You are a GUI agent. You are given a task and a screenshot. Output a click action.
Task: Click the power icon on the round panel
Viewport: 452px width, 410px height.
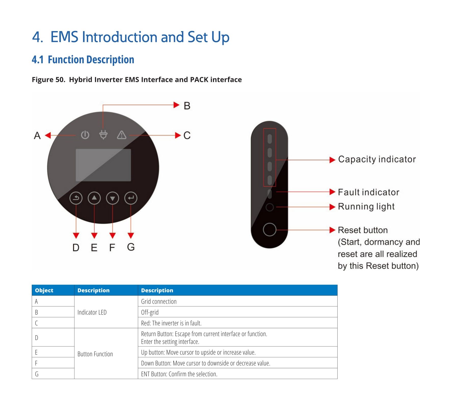[x=85, y=135]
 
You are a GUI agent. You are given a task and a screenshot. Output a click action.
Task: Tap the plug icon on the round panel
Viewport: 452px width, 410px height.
[x=103, y=135]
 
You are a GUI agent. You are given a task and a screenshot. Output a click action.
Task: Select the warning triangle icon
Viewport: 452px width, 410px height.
[x=122, y=135]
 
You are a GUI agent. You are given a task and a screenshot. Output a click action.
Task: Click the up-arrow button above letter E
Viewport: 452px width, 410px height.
[x=94, y=198]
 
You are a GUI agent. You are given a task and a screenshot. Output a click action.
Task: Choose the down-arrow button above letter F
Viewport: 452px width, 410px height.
[x=112, y=198]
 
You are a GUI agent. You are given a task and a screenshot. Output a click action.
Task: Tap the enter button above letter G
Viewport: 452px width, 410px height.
[x=131, y=198]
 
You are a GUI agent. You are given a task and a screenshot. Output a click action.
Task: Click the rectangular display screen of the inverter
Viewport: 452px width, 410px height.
[x=103, y=165]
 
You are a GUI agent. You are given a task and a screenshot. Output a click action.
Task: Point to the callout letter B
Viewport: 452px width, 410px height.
[x=187, y=106]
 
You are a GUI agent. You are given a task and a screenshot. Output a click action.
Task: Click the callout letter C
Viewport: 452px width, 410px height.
[x=187, y=135]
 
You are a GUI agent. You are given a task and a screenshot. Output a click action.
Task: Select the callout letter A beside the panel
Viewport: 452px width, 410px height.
[x=37, y=135]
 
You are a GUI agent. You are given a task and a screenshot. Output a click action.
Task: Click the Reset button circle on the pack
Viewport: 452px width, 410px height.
[x=269, y=229]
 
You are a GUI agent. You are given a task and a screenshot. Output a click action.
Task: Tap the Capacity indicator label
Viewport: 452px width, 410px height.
[x=377, y=159]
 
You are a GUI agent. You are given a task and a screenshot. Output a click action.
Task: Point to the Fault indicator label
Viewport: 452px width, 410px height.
[x=368, y=192]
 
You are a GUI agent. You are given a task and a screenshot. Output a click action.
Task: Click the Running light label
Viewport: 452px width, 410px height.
[x=366, y=207]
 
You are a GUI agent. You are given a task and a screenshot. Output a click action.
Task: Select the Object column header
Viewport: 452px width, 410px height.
[x=44, y=290]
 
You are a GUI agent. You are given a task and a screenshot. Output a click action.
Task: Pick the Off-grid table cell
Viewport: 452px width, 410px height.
[x=150, y=312]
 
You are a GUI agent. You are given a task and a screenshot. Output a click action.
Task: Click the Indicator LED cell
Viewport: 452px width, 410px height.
[x=92, y=312]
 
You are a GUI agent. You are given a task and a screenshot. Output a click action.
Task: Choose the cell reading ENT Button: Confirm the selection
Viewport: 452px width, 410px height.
[x=179, y=374]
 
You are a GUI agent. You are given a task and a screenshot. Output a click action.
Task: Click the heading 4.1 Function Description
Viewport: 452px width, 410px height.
[x=83, y=60]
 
